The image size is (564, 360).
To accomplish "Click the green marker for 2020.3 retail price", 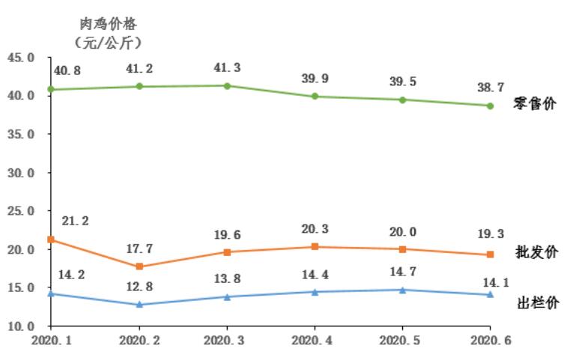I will tap(227, 85).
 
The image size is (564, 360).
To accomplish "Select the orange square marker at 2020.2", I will tap(139, 266).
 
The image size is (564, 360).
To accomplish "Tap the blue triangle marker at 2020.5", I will tap(403, 290).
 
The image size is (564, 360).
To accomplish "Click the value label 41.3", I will tap(227, 67).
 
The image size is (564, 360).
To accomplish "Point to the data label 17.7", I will tap(139, 248).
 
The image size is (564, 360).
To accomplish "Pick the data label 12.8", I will tap(139, 287).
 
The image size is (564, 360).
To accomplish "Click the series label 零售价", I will tap(536, 104).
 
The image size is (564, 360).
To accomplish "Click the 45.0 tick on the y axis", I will tap(21, 58).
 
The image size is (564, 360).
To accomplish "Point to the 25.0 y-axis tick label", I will tap(21, 211).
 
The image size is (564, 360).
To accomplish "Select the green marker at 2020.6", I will tap(490, 106).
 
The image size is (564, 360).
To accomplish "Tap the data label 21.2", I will tap(76, 221).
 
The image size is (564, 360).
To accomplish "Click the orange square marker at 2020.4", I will tap(315, 246).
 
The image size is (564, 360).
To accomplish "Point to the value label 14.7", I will tap(403, 272).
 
